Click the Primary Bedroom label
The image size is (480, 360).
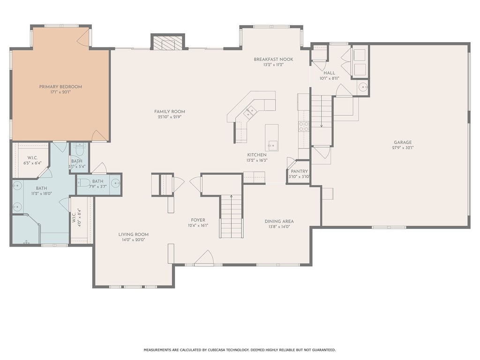click(60, 87)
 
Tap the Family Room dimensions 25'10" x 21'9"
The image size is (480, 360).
click(170, 117)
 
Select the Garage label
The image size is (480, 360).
click(403, 142)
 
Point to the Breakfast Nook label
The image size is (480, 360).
click(273, 60)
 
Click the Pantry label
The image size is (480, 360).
click(299, 172)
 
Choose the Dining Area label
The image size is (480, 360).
click(279, 221)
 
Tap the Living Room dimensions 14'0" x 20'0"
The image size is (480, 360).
click(133, 240)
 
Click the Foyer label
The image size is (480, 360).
click(198, 220)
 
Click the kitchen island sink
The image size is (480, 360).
click(271, 145)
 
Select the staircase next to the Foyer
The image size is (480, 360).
click(231, 216)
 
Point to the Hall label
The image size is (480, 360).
click(329, 73)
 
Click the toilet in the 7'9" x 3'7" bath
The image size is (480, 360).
click(83, 183)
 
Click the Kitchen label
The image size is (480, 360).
click(257, 155)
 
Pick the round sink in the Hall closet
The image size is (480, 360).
click(363, 88)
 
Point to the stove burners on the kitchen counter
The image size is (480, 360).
click(304, 127)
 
